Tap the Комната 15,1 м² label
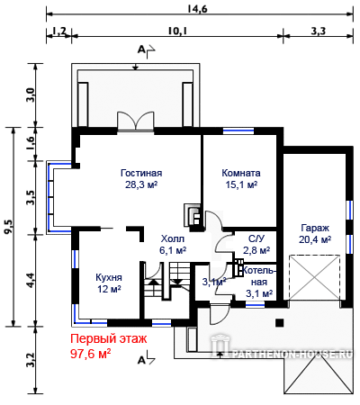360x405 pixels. [x=241, y=179]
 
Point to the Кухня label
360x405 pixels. [x=109, y=277]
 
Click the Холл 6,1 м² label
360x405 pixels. [x=173, y=245]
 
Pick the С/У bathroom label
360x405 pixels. [x=256, y=238]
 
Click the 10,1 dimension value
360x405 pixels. [x=177, y=31]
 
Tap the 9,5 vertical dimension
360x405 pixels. [x=9, y=226]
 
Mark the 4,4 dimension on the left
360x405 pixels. [x=31, y=280]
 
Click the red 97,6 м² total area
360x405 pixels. [x=91, y=354]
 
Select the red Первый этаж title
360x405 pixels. [x=109, y=338]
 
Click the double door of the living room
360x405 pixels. [x=136, y=121]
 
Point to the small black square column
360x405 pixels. [x=280, y=322]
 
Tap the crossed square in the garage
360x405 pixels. [x=314, y=277]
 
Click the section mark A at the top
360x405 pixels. [x=141, y=49]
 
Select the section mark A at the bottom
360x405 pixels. [x=141, y=360]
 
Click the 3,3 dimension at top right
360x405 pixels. [x=318, y=31]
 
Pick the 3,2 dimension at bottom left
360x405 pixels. [x=31, y=360]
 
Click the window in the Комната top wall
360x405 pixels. [x=238, y=130]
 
